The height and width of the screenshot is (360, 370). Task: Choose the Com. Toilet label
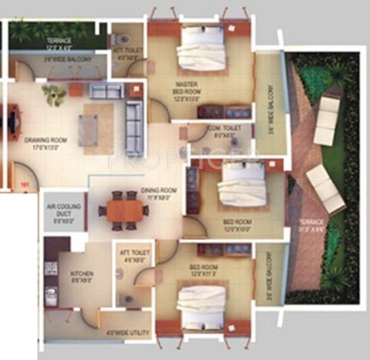[223, 132]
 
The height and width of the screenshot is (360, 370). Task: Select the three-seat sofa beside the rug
[134, 127]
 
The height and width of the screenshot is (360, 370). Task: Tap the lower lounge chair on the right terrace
[325, 188]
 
